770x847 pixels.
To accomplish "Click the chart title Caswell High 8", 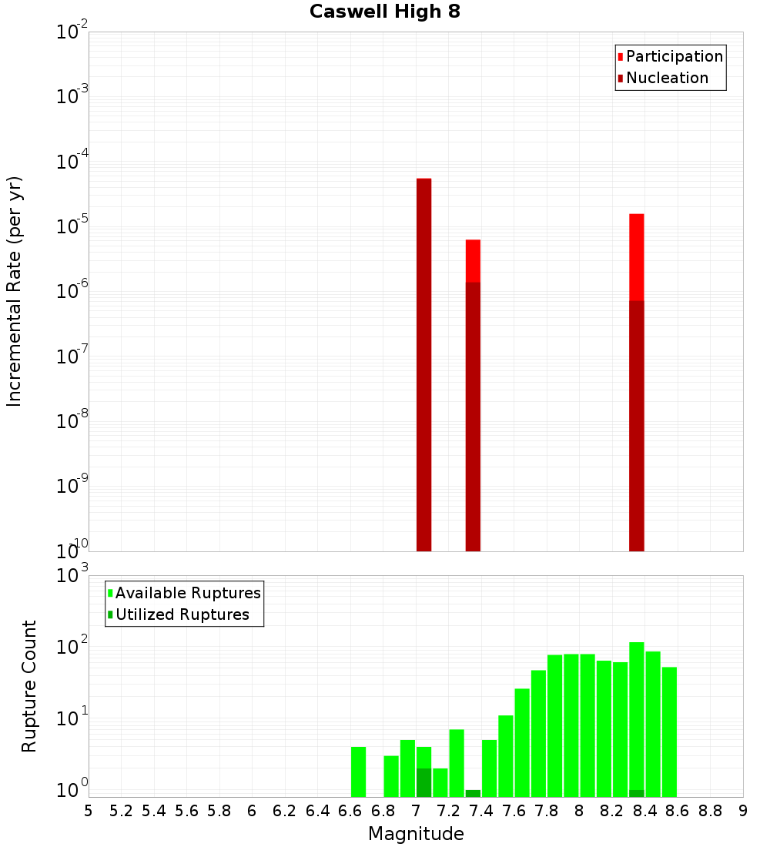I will coord(385,12).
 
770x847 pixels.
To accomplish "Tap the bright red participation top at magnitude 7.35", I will coord(473,260).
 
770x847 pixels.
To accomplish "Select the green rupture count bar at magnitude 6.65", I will coord(359,772).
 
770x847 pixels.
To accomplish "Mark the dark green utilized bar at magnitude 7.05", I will coord(424,782).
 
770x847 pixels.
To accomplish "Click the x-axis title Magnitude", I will coord(416,834).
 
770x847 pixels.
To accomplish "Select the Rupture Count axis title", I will coord(29,686).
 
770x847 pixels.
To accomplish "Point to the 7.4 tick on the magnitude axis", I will coord(481,811).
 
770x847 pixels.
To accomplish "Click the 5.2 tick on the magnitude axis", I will coord(122,811).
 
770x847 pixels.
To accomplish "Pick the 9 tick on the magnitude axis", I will coord(743,811).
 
